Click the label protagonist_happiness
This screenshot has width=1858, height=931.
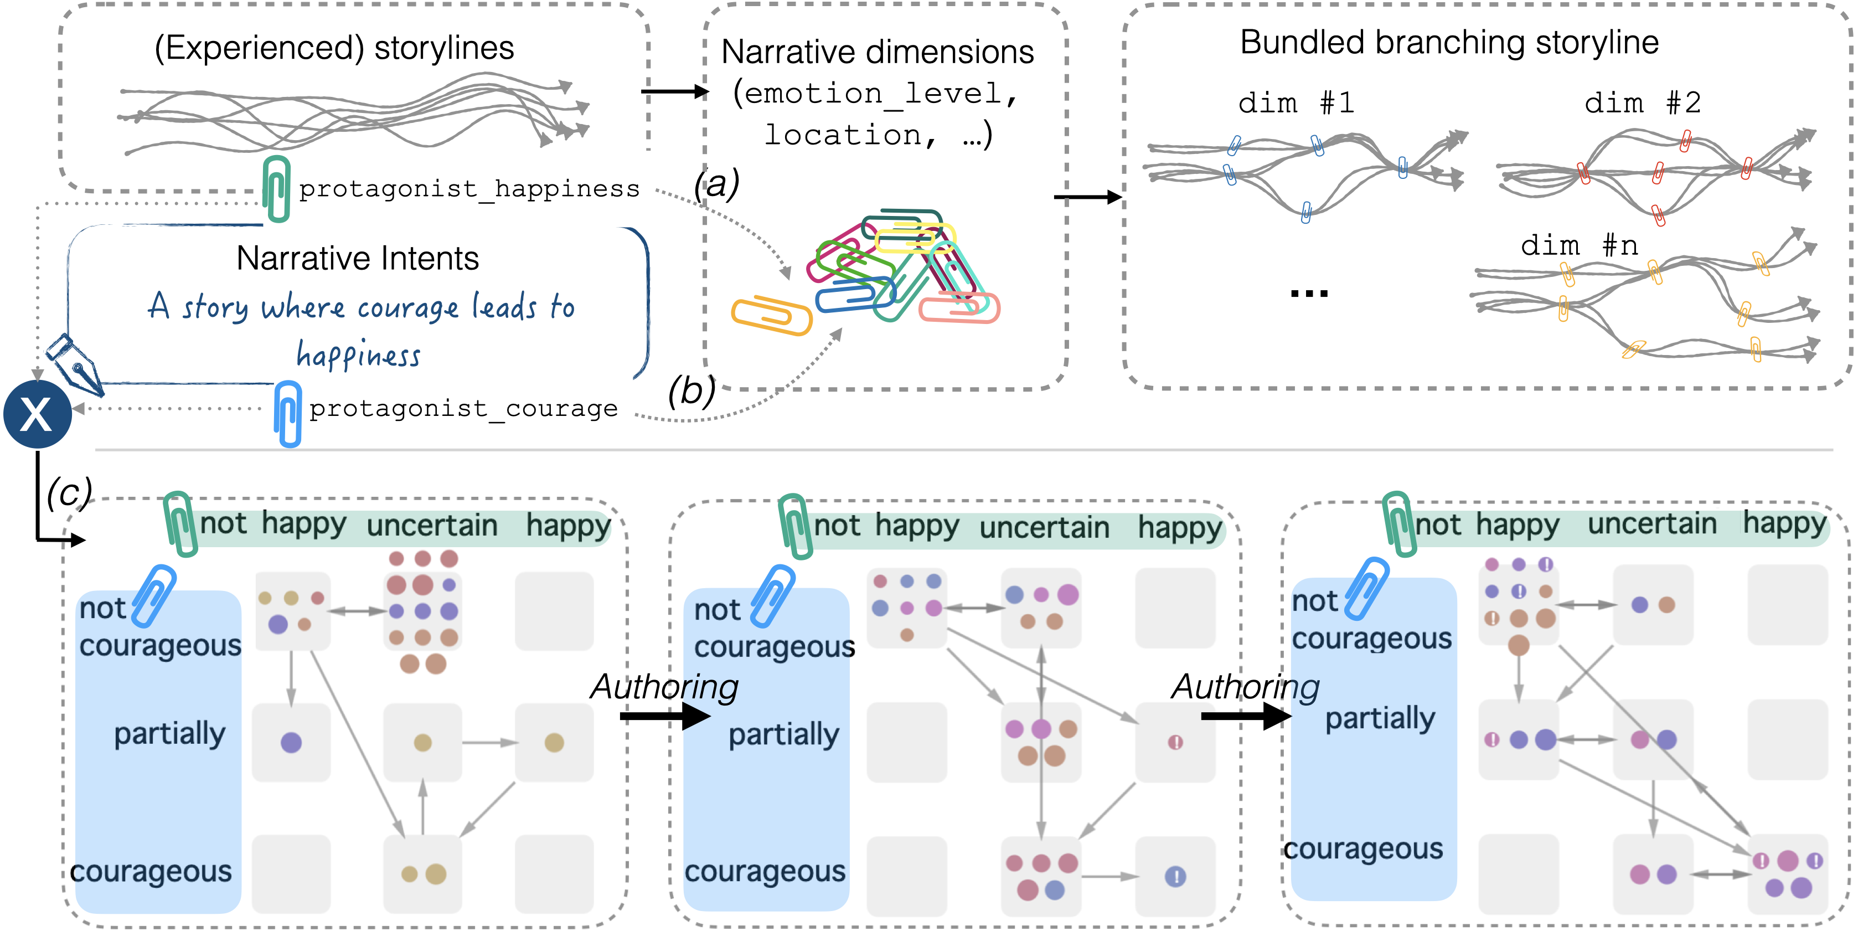pyautogui.click(x=469, y=189)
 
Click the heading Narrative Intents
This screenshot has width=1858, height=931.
pyautogui.click(x=357, y=259)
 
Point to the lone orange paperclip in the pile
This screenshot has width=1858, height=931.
pyautogui.click(x=771, y=315)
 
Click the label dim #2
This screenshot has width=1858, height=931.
pyautogui.click(x=1642, y=103)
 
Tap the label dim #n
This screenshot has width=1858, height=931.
pyautogui.click(x=1578, y=246)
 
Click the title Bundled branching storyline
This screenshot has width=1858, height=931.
pyautogui.click(x=1448, y=43)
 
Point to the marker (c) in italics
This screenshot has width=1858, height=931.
pyautogui.click(x=69, y=493)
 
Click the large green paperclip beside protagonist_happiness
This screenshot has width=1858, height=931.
pyautogui.click(x=276, y=188)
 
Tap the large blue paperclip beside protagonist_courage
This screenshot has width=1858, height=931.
pyautogui.click(x=288, y=414)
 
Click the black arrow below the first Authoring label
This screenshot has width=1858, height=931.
pyautogui.click(x=664, y=716)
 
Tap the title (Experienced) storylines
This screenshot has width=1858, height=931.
pyautogui.click(x=334, y=48)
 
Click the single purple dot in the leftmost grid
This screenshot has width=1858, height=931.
pyautogui.click(x=291, y=742)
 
